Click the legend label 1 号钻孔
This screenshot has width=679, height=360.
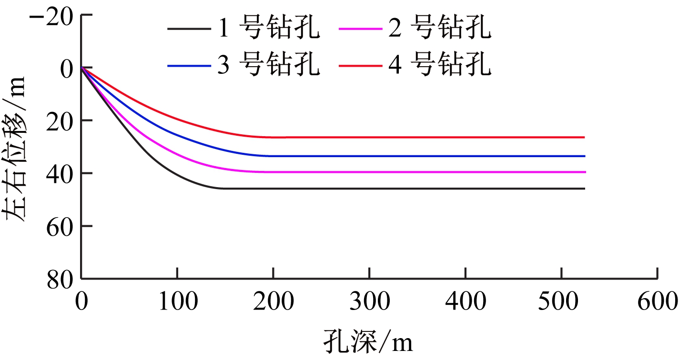pyautogui.click(x=268, y=29)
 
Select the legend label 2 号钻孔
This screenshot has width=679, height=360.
pyautogui.click(x=439, y=29)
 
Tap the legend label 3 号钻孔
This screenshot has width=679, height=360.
pyautogui.click(x=268, y=65)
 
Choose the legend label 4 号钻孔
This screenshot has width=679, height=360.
pyautogui.click(x=439, y=65)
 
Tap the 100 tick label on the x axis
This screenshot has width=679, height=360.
pyautogui.click(x=177, y=301)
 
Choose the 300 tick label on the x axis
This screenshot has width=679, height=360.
pyautogui.click(x=369, y=301)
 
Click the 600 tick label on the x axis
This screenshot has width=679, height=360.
pyautogui.click(x=658, y=301)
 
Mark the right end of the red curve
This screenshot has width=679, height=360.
pyautogui.click(x=584, y=137)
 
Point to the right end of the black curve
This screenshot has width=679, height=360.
pyautogui.click(x=584, y=189)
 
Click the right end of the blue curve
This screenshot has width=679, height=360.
pyautogui.click(x=584, y=156)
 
